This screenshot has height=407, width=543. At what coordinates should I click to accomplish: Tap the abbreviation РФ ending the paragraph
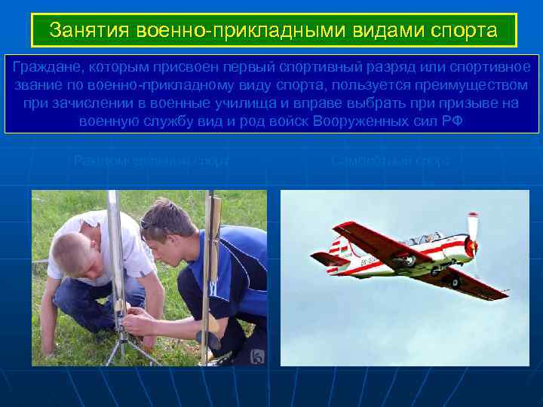[x=449, y=121]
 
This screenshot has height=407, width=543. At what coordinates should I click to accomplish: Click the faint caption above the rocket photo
[x=151, y=161]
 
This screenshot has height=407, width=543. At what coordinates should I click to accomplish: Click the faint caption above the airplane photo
[x=390, y=161]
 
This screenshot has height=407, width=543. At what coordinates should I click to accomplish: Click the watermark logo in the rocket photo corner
[x=258, y=357]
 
